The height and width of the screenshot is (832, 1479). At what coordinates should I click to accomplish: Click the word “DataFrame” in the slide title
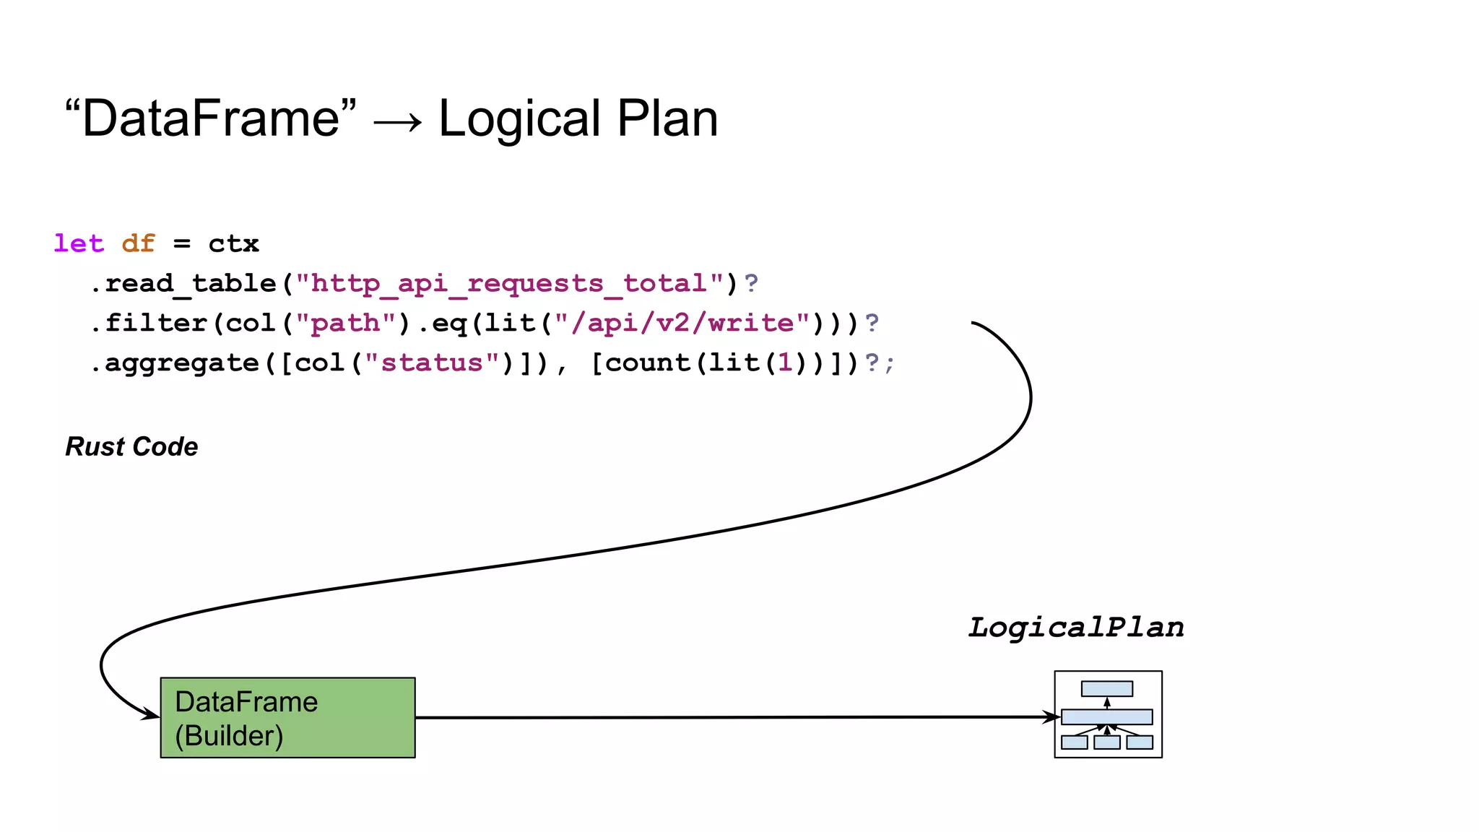(210, 119)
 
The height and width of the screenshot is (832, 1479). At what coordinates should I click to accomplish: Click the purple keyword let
(79, 243)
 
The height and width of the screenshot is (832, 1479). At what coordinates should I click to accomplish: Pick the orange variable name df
(138, 243)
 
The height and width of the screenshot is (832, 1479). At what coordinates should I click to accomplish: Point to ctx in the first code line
(233, 243)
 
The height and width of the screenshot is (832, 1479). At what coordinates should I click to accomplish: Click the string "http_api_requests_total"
(510, 283)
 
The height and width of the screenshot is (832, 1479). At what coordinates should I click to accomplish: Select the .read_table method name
(183, 283)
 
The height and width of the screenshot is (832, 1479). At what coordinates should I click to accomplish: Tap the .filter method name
(149, 323)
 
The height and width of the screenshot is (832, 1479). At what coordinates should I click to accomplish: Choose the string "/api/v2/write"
(682, 323)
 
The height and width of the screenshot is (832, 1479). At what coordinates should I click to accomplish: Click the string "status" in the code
(432, 363)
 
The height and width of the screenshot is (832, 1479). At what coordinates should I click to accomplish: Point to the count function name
(647, 363)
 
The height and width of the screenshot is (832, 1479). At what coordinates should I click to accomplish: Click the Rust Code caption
(131, 447)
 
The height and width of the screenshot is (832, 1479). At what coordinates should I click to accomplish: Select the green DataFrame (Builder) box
(287, 718)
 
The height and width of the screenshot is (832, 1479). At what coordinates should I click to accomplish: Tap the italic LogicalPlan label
(1076, 628)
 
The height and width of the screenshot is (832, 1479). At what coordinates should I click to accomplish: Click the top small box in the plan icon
(1107, 689)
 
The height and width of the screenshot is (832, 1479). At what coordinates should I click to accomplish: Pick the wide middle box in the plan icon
(1107, 717)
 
